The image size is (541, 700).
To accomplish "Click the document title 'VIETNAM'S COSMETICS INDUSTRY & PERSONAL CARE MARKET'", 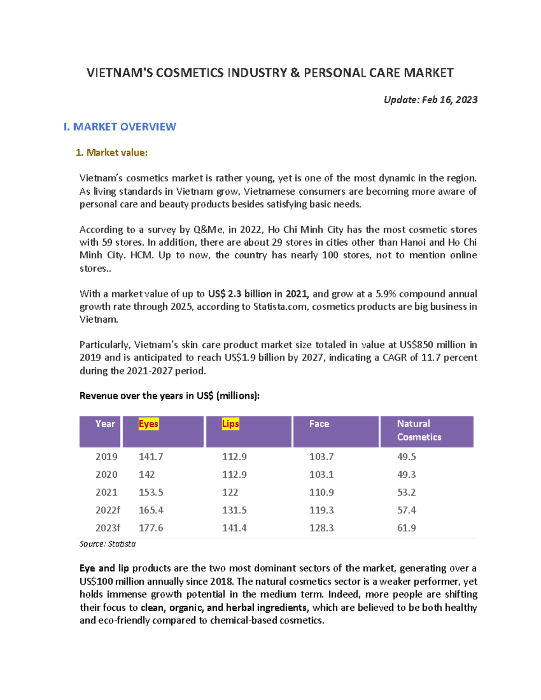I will (270, 73).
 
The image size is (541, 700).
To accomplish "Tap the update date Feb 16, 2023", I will (430, 100).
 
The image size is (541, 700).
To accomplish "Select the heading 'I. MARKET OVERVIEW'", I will (119, 127).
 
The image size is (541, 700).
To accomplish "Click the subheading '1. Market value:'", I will (111, 153).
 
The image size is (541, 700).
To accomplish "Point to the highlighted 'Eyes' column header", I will (148, 424).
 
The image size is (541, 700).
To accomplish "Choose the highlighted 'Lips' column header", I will (230, 424).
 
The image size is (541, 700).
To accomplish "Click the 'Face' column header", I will (319, 424).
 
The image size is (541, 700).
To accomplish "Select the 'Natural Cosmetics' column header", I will (418, 430).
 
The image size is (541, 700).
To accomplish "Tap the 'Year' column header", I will (105, 424).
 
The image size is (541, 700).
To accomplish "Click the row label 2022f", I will (108, 510).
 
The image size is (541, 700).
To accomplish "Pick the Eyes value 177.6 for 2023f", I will (151, 528).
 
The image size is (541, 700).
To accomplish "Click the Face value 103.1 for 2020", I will (321, 475).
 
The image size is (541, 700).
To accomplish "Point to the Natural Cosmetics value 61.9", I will (406, 528).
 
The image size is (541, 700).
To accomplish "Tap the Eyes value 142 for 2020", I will (147, 475).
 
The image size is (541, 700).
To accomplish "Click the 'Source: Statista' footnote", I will (107, 544).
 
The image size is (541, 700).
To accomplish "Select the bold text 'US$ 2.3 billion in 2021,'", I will (258, 294).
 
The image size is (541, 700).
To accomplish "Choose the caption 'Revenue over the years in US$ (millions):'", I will (170, 396).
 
